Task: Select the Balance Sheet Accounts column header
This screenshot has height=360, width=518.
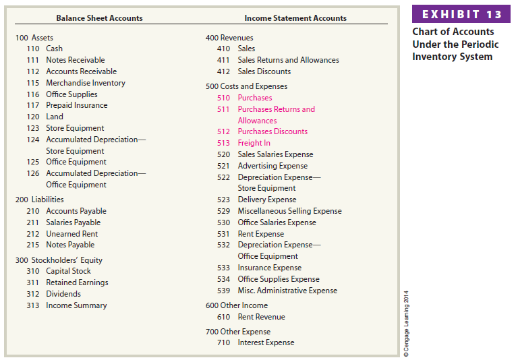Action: point(99,18)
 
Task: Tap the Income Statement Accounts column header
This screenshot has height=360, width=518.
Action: point(295,18)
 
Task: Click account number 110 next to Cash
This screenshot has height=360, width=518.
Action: point(32,49)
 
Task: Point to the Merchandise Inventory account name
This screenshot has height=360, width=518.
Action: point(85,83)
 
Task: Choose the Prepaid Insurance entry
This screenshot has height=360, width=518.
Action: point(76,105)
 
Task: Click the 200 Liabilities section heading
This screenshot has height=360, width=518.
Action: point(39,200)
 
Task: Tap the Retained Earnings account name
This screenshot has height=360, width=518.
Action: point(77,282)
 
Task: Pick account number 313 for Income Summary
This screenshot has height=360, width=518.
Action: point(32,305)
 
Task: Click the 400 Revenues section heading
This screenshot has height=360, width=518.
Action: point(229,38)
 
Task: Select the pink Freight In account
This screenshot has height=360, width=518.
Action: point(254,143)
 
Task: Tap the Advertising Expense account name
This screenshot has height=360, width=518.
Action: point(272,166)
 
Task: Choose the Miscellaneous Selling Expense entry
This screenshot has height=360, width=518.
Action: point(289,211)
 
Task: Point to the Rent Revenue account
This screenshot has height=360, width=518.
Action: point(261,317)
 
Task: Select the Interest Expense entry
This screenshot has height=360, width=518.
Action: point(266,342)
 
